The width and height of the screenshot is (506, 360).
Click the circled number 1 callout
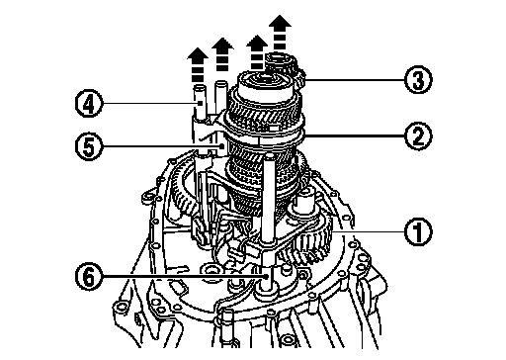tap(418, 231)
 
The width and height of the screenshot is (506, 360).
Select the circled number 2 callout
tap(418, 135)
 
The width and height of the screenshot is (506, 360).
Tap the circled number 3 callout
tap(418, 80)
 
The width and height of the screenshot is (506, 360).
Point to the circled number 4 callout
tap(89, 104)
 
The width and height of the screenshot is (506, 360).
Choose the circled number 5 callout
tap(89, 146)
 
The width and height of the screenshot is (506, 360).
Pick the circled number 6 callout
tap(89, 276)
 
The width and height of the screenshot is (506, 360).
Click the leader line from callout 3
tap(355, 80)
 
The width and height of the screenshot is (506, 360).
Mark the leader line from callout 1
tap(369, 231)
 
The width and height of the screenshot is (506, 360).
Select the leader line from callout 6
tap(184, 276)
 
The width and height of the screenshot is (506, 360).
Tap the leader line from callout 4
tap(151, 104)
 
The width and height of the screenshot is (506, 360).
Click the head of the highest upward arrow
tap(280, 21)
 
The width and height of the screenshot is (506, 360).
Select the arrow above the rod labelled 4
tap(198, 65)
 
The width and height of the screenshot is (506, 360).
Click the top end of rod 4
tap(200, 87)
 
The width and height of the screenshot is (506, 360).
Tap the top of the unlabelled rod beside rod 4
tap(220, 84)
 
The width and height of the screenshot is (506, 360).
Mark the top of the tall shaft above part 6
tap(270, 155)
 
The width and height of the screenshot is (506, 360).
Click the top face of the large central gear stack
tap(265, 80)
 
